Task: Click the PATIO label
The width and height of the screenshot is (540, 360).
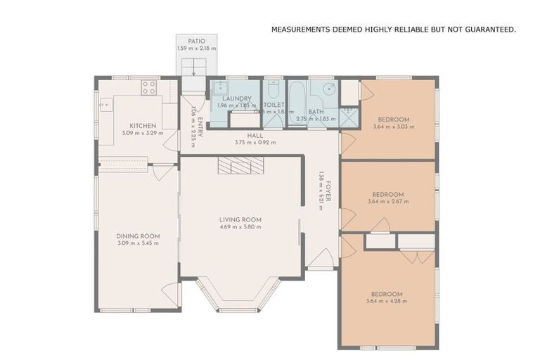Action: coord(197,41)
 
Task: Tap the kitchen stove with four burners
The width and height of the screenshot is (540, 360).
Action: coord(148,87)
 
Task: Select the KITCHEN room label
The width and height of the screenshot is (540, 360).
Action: coord(142,126)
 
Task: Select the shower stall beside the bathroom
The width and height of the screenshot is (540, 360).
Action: coord(349,116)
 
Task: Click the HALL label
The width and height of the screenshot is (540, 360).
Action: coord(255,135)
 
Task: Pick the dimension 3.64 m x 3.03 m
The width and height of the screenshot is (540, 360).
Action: coord(394,127)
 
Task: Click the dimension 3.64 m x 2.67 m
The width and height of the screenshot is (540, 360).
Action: coord(387,202)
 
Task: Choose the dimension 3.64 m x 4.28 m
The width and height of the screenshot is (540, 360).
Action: coord(387,301)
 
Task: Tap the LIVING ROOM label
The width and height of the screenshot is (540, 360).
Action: coord(240,219)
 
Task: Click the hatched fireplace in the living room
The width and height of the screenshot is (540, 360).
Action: coord(239,165)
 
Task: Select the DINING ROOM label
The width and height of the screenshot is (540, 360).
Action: coord(138,236)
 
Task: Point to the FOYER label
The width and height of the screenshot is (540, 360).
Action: coord(328,191)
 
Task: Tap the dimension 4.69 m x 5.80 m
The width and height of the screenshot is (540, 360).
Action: coord(240,227)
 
